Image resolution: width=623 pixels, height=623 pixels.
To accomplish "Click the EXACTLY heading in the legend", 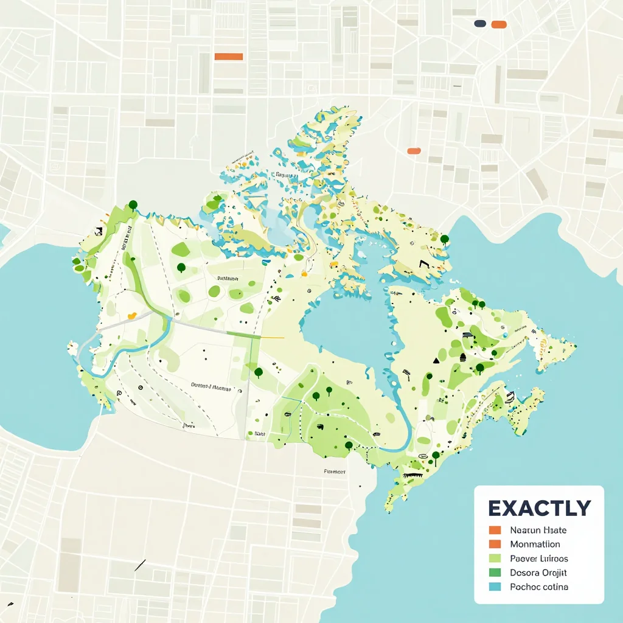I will pos(539,508).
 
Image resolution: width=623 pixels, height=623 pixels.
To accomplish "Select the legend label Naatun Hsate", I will pos(538,531).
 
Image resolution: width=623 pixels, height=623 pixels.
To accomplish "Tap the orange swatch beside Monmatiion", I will pos(495,544).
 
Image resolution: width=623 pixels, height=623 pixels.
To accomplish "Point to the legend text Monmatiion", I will pos(535,544).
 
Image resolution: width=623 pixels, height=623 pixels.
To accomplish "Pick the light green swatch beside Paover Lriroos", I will pos(495,558).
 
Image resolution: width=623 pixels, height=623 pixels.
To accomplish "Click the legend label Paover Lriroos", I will pos(539,558).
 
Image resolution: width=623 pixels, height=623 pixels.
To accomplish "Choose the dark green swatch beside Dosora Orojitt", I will pos(495,573).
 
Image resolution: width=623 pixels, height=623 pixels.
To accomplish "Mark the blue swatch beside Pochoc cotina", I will pos(495,587).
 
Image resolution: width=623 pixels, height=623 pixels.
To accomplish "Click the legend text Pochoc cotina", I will pos(539,587).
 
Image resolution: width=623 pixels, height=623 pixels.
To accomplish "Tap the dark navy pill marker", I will pos(480,24).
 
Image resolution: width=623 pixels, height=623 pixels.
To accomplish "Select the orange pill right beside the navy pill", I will pos(499,24).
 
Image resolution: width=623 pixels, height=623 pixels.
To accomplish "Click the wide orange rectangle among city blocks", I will pos(229,57).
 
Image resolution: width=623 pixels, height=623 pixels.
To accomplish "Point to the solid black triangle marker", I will pos(436,360).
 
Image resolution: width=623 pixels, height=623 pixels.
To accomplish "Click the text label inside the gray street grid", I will pos(335,471).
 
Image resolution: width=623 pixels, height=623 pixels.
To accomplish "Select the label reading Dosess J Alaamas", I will pos(211,385).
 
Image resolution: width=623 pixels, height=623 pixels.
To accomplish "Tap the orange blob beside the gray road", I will pos(131,316).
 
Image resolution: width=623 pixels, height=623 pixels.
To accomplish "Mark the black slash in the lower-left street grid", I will pos(140,565).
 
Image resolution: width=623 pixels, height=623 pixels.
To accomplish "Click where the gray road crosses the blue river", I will pos(169,318).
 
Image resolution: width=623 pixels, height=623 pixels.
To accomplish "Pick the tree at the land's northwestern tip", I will pos(133,205).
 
